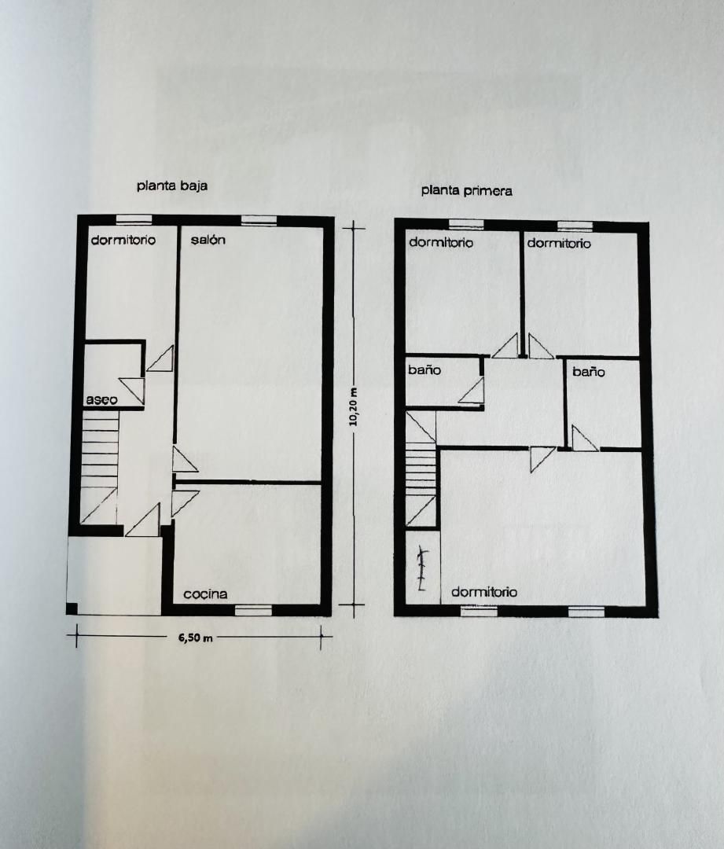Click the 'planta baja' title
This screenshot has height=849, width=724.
tap(171, 186)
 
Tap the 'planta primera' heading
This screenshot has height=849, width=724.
tap(466, 190)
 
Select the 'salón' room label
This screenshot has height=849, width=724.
tap(208, 240)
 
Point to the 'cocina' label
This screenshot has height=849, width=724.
tap(205, 594)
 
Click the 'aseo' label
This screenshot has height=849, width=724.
tap(102, 399)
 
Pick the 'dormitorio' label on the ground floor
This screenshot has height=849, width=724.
tap(123, 240)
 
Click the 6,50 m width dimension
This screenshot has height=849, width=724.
tap(196, 638)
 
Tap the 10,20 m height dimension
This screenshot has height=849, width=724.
tap(354, 406)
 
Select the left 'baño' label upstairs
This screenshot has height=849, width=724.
tap(424, 370)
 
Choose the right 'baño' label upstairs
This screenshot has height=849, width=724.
tap(589, 372)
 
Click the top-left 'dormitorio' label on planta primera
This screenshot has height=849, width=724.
tap(441, 242)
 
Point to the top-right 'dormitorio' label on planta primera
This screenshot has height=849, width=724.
tap(559, 243)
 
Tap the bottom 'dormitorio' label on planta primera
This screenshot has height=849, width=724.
tap(484, 592)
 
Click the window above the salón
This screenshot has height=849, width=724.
tap(259, 220)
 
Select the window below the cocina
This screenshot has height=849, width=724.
tap(253, 610)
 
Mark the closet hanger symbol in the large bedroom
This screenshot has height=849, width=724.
tap(422, 570)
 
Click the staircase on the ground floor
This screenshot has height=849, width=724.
tap(99, 467)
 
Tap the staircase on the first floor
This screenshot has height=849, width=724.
tap(421, 469)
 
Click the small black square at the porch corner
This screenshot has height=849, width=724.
tap(72, 608)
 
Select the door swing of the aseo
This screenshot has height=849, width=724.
tap(133, 391)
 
